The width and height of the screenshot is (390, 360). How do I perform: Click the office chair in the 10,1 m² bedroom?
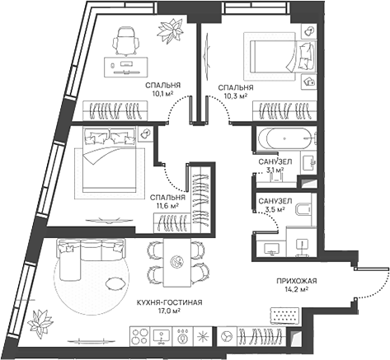126,39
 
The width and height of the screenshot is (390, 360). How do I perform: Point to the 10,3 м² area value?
236,96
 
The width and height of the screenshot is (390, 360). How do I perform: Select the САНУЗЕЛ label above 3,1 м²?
271,161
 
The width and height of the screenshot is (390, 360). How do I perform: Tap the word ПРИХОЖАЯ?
297,281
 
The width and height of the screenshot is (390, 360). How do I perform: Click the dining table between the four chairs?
174,261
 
